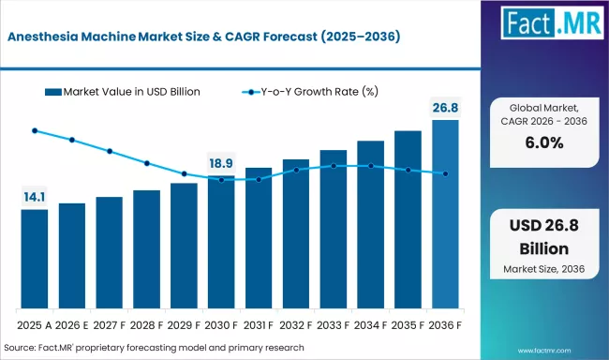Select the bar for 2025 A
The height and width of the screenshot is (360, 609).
(35, 260)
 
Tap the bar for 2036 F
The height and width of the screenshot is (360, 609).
(445, 216)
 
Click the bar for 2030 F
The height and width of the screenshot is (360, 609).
(221, 243)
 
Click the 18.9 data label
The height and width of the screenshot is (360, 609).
(221, 163)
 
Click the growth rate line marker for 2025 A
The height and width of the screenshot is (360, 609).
(35, 131)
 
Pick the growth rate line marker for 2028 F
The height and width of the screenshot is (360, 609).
(147, 163)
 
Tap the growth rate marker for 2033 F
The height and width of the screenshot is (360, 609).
(334, 166)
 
